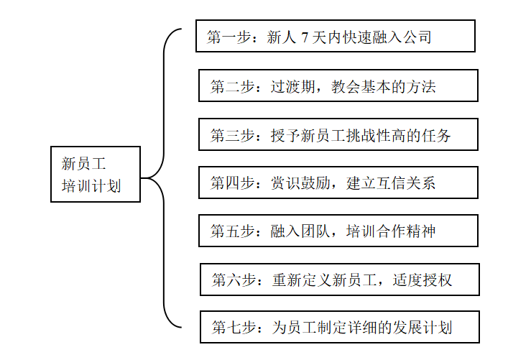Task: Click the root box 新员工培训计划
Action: point(96,174)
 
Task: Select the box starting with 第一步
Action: point(335,36)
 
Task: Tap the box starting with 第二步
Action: point(338,86)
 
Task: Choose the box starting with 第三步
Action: point(338,134)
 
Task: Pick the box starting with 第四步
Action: point(338,183)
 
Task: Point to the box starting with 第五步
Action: point(338,231)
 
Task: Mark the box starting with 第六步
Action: point(339,280)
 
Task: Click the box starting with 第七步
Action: point(339,328)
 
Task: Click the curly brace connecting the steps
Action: point(165,177)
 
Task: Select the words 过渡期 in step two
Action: point(294,86)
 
